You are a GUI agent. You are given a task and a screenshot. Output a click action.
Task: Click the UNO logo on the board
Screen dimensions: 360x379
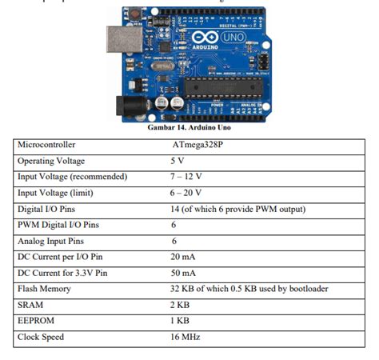pos(233,37)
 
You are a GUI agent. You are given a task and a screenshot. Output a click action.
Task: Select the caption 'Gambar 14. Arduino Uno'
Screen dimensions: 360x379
pos(189,127)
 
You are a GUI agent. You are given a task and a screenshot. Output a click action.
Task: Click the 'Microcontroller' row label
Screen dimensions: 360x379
pos(46,145)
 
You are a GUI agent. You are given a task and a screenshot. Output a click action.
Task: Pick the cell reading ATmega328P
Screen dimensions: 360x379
pos(198,145)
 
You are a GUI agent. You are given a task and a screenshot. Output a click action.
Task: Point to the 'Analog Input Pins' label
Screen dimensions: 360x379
pos(53,241)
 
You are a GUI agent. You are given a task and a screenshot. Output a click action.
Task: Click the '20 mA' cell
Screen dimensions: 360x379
pos(183,257)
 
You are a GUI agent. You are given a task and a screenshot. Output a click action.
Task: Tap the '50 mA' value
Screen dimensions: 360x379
pos(183,273)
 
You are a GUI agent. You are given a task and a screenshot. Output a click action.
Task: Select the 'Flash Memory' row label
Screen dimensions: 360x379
pos(44,289)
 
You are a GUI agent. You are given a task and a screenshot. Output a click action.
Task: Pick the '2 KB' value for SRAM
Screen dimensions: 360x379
pos(181,305)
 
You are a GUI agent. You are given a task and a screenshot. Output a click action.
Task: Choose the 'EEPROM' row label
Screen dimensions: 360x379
pos(37,321)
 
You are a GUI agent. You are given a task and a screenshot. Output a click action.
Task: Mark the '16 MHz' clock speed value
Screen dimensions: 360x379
pos(186,337)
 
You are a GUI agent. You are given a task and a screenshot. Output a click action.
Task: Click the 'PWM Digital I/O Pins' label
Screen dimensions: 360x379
pos(58,225)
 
